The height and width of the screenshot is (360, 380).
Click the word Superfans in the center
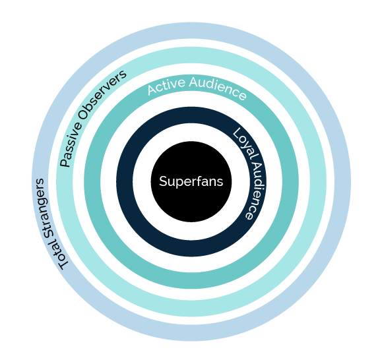pos(191,181)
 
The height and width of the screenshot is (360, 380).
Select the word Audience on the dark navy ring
pos(257,191)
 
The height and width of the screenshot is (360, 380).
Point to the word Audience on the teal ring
pos(218,88)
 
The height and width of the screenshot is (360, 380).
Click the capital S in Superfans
pos(164,181)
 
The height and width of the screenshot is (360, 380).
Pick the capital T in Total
pos(64,264)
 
